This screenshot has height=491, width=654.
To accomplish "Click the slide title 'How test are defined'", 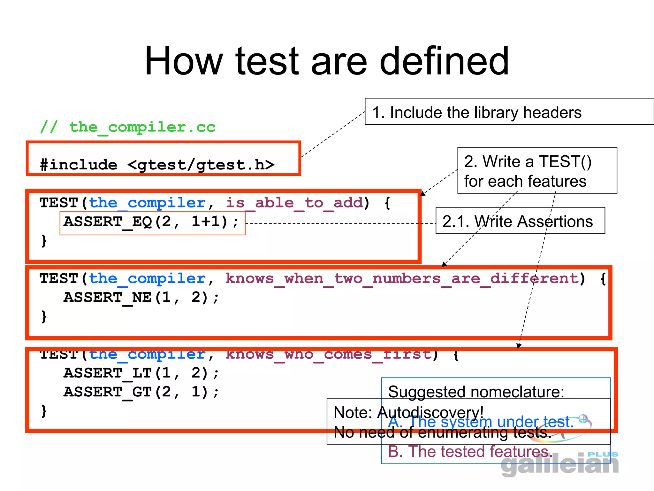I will pyautogui.click(x=326, y=61).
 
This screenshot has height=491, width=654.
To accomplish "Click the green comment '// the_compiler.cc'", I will pyautogui.click(x=128, y=127).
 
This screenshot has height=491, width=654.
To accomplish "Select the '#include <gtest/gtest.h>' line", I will pyautogui.click(x=157, y=165).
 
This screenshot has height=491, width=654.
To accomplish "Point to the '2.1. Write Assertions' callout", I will pyautogui.click(x=517, y=221).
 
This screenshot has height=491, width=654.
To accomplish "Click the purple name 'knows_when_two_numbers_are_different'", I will pyautogui.click(x=402, y=278).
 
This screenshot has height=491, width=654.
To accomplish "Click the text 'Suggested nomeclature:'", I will pyautogui.click(x=476, y=392).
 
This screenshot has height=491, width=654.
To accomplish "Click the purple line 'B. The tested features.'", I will pyautogui.click(x=469, y=452).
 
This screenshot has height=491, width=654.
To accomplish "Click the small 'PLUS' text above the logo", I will pyautogui.click(x=603, y=454).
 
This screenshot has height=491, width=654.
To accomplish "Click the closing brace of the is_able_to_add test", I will pyautogui.click(x=44, y=241).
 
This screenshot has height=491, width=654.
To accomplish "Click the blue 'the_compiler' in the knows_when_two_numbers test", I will pyautogui.click(x=147, y=278).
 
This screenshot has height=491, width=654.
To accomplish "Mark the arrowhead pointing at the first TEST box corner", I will pyautogui.click(x=422, y=194).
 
